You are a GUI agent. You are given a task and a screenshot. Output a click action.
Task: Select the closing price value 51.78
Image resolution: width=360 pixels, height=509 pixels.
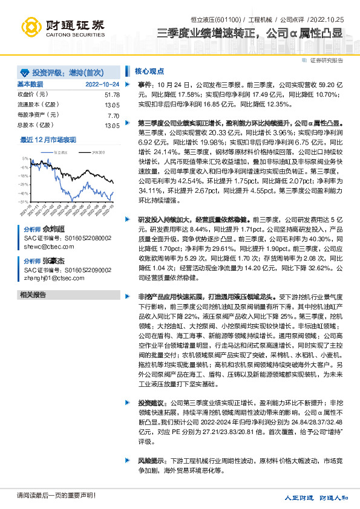click(x=112, y=95)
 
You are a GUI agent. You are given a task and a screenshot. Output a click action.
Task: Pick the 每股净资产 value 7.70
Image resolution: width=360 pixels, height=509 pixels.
click(x=113, y=115)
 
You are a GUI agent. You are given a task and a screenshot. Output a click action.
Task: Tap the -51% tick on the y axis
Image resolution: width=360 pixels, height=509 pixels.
click(x=23, y=201)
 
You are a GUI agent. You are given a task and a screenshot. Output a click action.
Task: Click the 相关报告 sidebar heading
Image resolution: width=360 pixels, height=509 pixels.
click(x=33, y=294)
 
